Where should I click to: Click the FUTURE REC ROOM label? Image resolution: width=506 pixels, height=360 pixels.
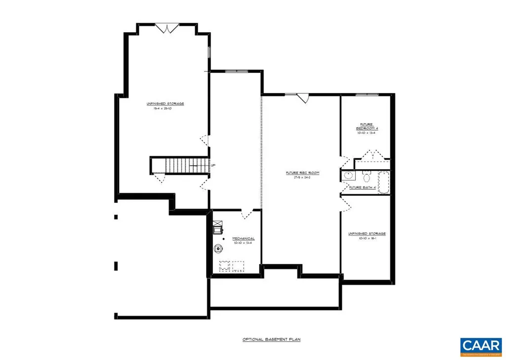coord(302,173)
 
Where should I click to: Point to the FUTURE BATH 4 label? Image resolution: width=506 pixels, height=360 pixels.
coord(363,188)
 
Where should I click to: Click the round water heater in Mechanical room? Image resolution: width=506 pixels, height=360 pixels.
coord(218,249)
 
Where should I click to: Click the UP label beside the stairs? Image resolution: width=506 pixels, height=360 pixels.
coord(212,165)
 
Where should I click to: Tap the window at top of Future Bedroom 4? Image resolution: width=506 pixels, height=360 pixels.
coord(367,94)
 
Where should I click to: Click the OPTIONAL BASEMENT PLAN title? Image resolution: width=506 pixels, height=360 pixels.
coord(271,340)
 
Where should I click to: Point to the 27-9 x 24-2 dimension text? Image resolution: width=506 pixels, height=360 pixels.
coord(302,178)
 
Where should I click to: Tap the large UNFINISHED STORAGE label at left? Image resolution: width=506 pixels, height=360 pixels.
coord(165,103)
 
